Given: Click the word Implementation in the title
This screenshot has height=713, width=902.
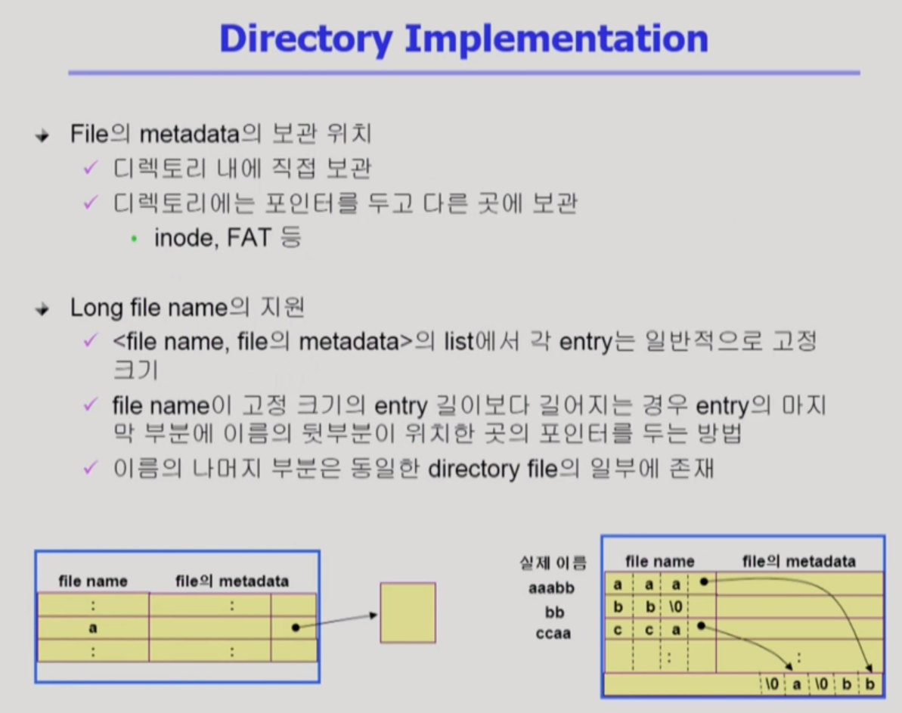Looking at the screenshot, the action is [556, 39].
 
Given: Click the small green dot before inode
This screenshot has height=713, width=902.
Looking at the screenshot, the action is [135, 239].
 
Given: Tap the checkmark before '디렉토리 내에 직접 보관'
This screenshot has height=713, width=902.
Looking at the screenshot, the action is [91, 168].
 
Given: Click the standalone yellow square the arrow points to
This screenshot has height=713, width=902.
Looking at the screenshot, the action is [408, 612].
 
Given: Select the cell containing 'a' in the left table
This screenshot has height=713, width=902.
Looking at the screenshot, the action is [93, 628].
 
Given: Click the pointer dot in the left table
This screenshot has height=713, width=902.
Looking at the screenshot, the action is [295, 628].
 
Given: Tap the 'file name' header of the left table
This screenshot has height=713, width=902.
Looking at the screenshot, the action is [93, 581].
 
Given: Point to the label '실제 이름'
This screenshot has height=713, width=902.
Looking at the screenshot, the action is [553, 563].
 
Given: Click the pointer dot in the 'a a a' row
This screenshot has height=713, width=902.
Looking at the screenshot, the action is [704, 582].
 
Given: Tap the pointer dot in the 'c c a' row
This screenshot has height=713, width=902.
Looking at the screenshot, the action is [702, 626].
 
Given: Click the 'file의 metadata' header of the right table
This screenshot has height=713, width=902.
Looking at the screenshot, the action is [799, 561].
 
